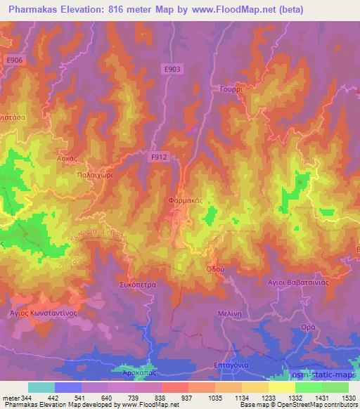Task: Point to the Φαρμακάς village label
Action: click(x=186, y=200)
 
